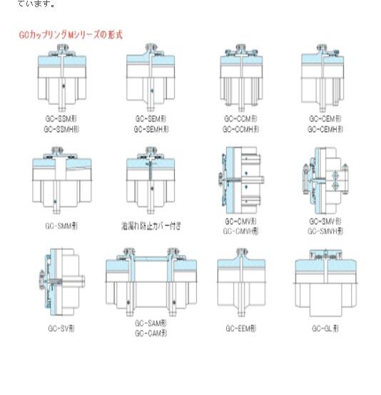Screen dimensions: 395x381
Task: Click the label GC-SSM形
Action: pyautogui.click(x=61, y=119)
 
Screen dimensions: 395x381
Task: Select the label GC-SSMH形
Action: pyautogui.click(x=61, y=129)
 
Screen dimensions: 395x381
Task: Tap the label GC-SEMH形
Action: pyautogui.click(x=151, y=129)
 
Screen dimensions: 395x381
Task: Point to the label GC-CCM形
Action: pyautogui.click(x=240, y=119)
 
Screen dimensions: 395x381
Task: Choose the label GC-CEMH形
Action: pyautogui.click(x=325, y=129)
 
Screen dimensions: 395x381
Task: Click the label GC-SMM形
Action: pyautogui.click(x=61, y=226)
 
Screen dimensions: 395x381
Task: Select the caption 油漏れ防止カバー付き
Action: pyautogui.click(x=151, y=226)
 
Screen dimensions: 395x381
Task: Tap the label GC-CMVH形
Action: pyautogui.click(x=240, y=231)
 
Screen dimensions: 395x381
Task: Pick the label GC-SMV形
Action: pyautogui.click(x=325, y=221)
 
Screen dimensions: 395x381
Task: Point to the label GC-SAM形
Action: pyautogui.click(x=151, y=324)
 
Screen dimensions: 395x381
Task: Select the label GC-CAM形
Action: pyautogui.click(x=151, y=333)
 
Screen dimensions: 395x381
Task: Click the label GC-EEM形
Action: pyautogui.click(x=240, y=328)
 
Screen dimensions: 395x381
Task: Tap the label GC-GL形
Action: pyautogui.click(x=325, y=328)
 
